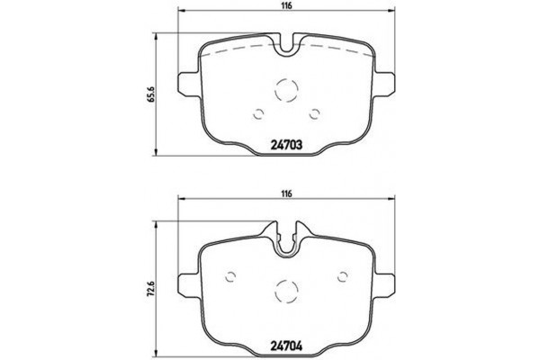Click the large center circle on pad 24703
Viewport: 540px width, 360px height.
(286, 90)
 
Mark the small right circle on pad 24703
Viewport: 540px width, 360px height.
(315, 113)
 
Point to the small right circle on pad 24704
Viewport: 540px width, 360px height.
(343, 276)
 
